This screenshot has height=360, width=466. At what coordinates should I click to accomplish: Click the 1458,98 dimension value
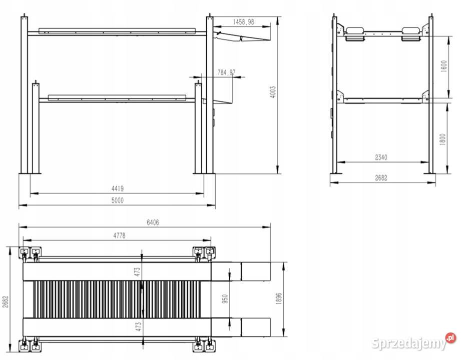pyautogui.click(x=243, y=22)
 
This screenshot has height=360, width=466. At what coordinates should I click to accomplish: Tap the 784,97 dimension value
pyautogui.click(x=226, y=72)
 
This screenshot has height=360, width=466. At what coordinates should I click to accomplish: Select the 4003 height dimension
pyautogui.click(x=273, y=92)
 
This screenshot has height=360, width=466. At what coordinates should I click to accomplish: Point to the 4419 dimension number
pyautogui.click(x=118, y=188)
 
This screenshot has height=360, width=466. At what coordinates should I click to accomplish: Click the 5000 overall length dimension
pyautogui.click(x=118, y=200)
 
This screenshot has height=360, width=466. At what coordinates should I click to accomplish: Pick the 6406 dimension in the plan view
pyautogui.click(x=153, y=222)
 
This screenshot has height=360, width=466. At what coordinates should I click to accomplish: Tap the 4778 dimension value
pyautogui.click(x=119, y=235)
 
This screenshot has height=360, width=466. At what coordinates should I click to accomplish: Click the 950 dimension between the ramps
pyautogui.click(x=225, y=299)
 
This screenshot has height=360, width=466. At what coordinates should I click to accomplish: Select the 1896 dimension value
pyautogui.click(x=279, y=299)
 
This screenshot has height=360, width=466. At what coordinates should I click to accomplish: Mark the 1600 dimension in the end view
pyautogui.click(x=443, y=66)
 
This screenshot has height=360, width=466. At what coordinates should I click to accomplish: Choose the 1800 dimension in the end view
pyautogui.click(x=442, y=139)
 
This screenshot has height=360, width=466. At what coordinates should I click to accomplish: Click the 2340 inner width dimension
pyautogui.click(x=381, y=157)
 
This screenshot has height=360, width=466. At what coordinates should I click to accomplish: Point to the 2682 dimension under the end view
pyautogui.click(x=381, y=178)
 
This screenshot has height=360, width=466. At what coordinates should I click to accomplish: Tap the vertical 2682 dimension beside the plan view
pyautogui.click(x=6, y=301)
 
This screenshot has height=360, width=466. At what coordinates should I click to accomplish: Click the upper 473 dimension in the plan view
pyautogui.click(x=137, y=272)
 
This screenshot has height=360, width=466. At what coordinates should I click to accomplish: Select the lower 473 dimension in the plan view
pyautogui.click(x=138, y=327)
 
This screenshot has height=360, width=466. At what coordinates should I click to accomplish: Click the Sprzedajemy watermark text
pyautogui.click(x=409, y=343)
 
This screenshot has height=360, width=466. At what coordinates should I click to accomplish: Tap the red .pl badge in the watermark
pyautogui.click(x=450, y=338)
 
